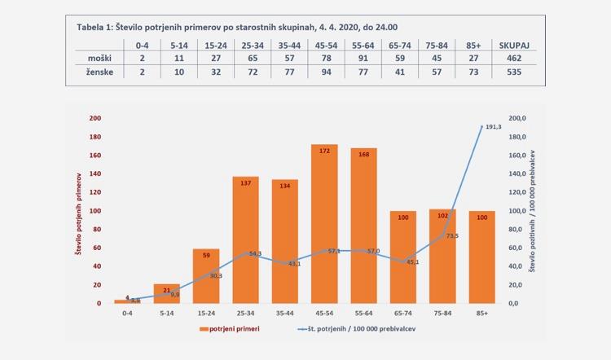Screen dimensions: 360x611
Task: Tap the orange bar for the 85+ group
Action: (481, 257)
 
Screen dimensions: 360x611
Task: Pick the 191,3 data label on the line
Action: (494, 128)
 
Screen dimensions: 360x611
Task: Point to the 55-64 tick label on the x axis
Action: (363, 311)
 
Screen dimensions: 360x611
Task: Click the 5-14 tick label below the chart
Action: (167, 311)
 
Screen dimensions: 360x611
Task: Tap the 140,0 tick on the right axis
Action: (519, 173)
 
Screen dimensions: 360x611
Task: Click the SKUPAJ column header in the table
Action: (517, 46)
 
